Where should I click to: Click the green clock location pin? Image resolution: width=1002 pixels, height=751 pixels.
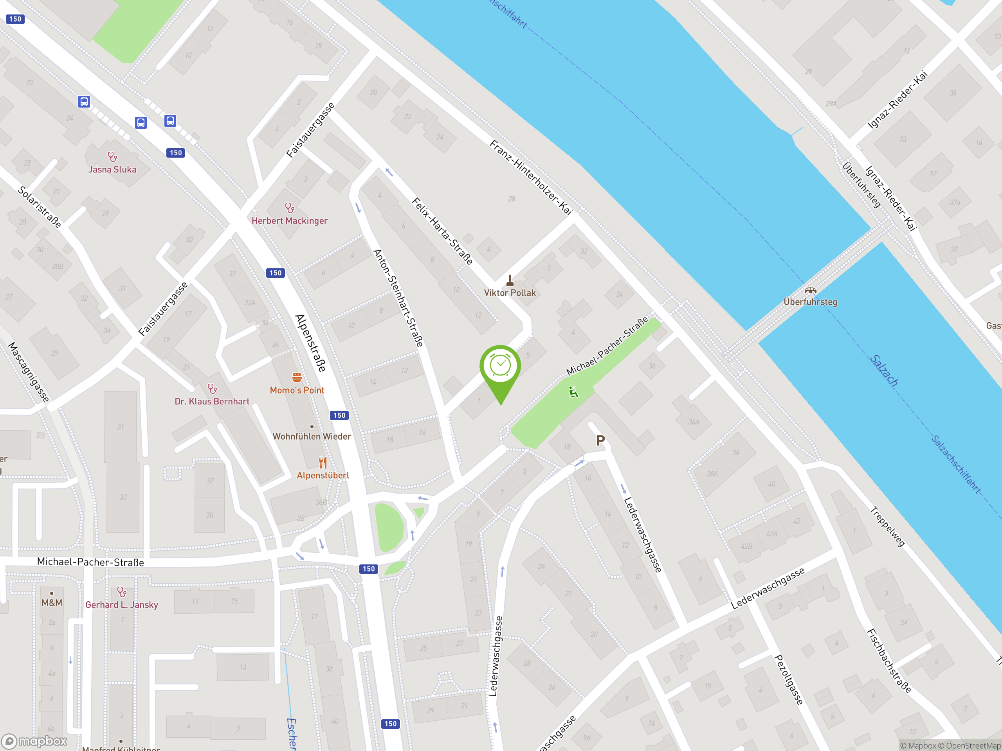click(500, 367)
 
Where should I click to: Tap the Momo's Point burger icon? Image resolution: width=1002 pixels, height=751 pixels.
click(297, 377)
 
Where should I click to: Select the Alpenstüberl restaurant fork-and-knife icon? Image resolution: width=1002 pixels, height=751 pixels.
click(323, 462)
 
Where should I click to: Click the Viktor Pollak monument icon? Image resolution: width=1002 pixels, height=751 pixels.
click(510, 281)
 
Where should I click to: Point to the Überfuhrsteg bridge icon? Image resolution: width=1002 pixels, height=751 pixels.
click(810, 291)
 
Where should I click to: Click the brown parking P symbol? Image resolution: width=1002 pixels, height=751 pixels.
click(600, 440)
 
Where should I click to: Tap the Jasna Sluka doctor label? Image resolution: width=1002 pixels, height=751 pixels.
click(112, 169)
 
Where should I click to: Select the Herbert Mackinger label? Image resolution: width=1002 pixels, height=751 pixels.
click(290, 221)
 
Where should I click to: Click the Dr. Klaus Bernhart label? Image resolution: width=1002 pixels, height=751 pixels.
click(212, 401)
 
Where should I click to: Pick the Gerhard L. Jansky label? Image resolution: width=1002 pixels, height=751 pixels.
click(121, 605)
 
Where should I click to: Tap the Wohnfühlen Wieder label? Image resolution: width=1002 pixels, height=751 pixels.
click(312, 437)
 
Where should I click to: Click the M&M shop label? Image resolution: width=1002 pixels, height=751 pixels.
click(52, 602)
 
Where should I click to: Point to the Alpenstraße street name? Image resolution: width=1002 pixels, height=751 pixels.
click(310, 343)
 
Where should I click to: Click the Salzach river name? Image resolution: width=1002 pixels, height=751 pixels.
click(884, 370)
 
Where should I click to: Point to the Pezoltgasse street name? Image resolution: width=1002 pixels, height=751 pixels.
click(789, 679)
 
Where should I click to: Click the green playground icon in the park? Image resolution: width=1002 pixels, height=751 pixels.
click(573, 392)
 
